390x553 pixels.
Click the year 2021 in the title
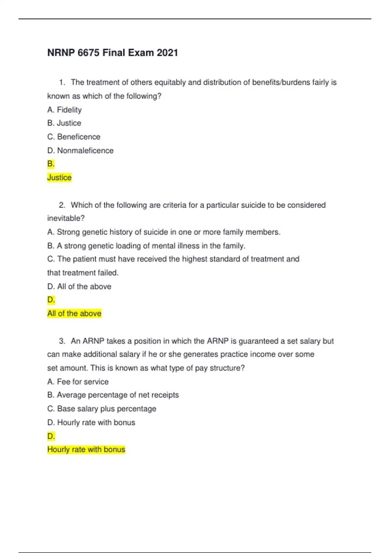[167, 53]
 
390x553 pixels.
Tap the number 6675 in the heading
[88, 53]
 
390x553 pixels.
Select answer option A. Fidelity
[64, 110]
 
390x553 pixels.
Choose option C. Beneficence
[74, 137]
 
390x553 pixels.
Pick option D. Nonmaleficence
[80, 151]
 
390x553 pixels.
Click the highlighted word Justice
[59, 178]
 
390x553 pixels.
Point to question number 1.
[62, 83]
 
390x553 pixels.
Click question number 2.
[62, 205]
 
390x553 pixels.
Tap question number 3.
[62, 341]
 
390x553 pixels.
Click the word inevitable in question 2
[66, 218]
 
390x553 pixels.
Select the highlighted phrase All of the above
[74, 314]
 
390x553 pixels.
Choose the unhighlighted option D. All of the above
[79, 287]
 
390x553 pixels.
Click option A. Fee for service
[78, 382]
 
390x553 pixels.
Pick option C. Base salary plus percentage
[102, 409]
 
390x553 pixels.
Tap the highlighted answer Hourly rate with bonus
[86, 450]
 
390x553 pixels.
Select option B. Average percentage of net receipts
[113, 395]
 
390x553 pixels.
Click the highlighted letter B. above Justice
[51, 164]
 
